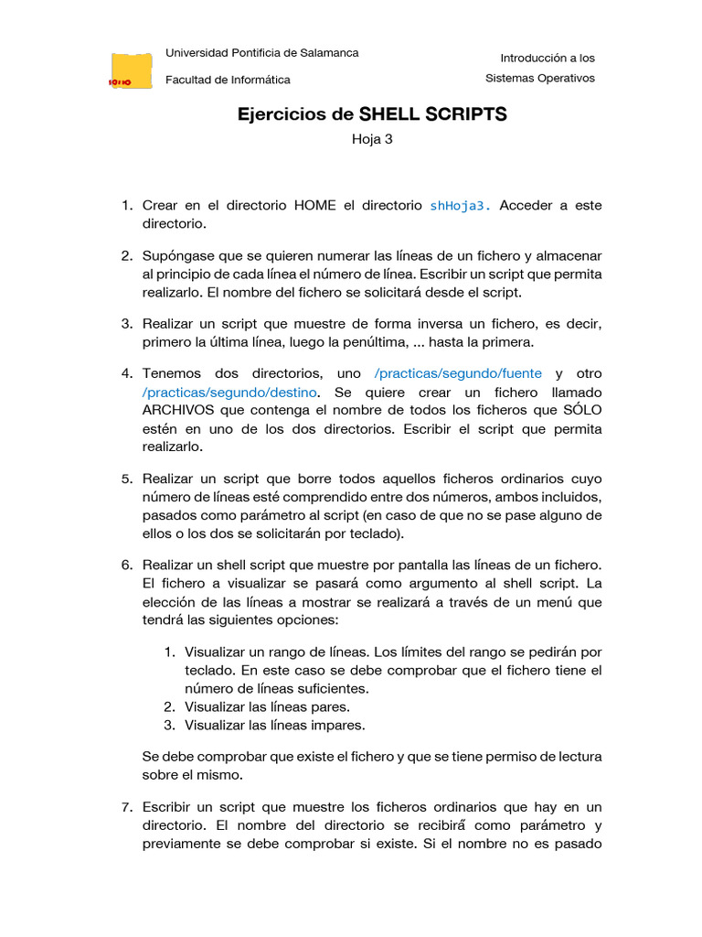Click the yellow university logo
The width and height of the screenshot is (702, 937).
132,70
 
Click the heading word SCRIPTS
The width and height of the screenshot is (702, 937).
464,114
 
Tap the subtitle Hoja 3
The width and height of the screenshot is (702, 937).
372,139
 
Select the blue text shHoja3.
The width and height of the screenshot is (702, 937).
460,206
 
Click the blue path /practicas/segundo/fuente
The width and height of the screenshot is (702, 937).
458,373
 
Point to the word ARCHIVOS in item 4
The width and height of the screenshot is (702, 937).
178,410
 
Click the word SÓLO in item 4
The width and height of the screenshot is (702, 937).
578,410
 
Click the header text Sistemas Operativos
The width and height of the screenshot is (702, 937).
539,78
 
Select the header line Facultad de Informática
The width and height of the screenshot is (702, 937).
228,80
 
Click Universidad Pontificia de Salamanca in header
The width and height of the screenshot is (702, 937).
261,53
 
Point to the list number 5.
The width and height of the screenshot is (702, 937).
127,479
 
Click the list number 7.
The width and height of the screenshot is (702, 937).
127,806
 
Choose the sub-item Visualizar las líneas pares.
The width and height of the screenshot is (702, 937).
267,706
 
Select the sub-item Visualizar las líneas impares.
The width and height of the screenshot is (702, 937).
274,725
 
